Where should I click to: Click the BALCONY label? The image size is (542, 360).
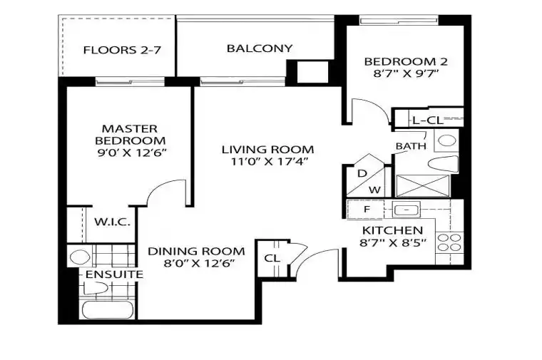click(x=260, y=48)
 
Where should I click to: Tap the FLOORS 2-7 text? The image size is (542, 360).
click(x=122, y=50)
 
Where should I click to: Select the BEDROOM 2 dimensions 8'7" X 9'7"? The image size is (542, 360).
click(x=406, y=73)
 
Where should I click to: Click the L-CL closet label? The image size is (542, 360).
click(x=428, y=120)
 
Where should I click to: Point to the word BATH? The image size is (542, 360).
click(x=411, y=146)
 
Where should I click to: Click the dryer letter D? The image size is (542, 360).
click(x=362, y=173)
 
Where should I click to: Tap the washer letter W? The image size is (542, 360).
click(x=374, y=190)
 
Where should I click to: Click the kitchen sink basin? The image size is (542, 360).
click(x=406, y=210)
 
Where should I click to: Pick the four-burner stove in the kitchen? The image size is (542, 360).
click(x=449, y=242)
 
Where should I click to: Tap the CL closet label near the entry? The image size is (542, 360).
click(x=272, y=258)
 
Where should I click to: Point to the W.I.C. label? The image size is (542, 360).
click(x=113, y=222)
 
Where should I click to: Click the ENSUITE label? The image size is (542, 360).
click(x=114, y=274)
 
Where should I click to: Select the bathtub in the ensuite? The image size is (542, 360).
click(x=107, y=310)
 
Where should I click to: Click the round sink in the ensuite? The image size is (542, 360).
click(x=80, y=257)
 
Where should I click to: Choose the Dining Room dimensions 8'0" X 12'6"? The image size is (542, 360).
click(x=200, y=263)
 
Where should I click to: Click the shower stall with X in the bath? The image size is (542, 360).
click(x=422, y=186)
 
